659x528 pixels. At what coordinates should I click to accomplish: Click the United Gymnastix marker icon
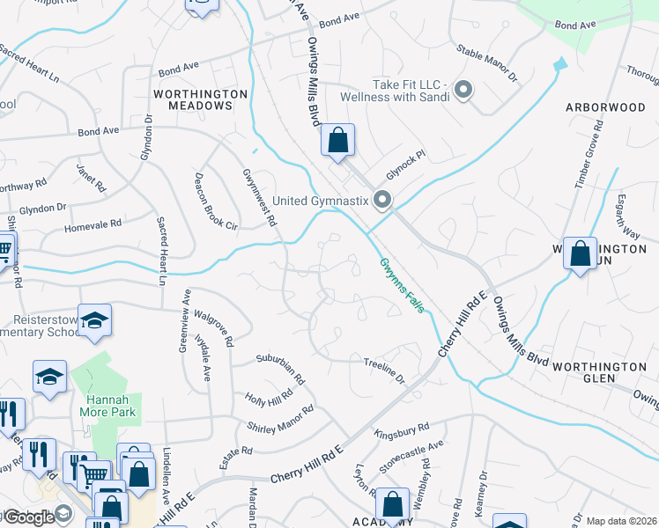382,202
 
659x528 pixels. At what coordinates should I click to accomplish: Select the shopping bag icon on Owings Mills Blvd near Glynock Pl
337,140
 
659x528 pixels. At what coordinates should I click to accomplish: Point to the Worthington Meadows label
194,99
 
